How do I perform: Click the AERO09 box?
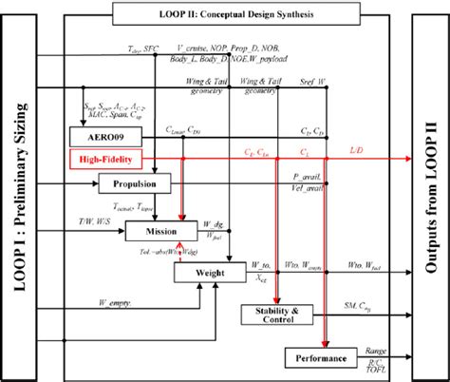(101, 135)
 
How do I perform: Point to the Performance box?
(316, 358)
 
